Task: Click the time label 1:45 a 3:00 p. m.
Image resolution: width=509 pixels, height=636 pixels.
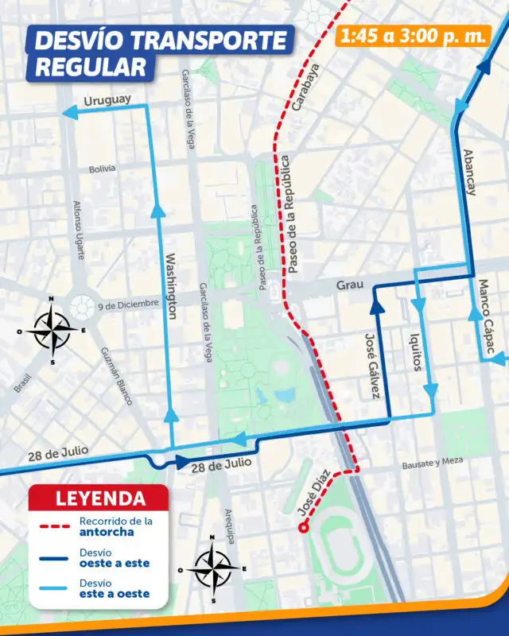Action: click(412, 35)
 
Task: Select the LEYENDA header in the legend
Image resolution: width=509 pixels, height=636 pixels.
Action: click(100, 499)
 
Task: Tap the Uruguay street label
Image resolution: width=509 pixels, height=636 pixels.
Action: click(107, 103)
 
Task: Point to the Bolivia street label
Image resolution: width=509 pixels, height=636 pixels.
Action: click(102, 169)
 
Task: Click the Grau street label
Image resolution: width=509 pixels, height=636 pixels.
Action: click(349, 284)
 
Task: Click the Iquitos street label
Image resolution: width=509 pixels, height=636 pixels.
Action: click(414, 353)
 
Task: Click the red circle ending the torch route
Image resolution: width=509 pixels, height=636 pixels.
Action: click(302, 527)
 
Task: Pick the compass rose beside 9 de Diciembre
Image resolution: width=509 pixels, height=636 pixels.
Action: click(52, 328)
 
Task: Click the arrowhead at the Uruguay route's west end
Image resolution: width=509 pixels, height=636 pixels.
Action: click(66, 115)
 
